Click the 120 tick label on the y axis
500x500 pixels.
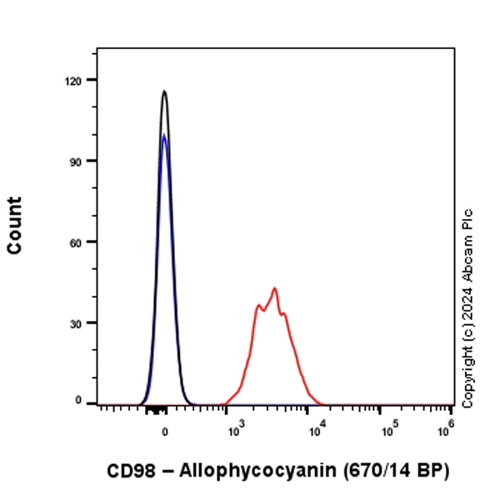(x=80, y=80)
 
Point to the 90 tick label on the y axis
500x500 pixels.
(x=82, y=161)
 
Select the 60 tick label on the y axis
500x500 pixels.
(x=82, y=242)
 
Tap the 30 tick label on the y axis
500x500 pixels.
(x=82, y=322)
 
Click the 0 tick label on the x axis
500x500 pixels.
(x=165, y=432)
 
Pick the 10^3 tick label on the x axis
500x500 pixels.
(x=235, y=431)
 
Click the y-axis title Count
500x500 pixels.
(x=14, y=225)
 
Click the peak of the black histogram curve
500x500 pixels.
(x=165, y=91)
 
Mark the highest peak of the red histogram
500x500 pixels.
(x=273, y=288)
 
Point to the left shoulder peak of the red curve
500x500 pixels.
(x=258, y=306)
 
